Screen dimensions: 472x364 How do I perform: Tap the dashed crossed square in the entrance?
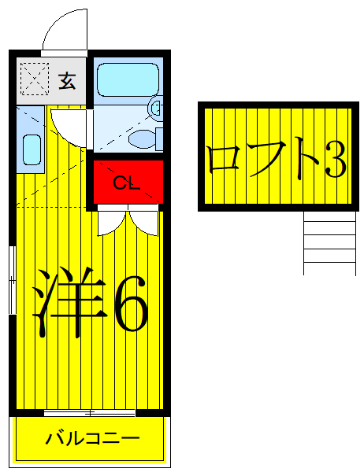pos(34,79)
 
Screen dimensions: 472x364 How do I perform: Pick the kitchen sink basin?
pos(32,149)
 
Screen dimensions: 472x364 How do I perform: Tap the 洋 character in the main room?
pos(69,303)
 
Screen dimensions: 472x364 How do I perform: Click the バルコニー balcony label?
pos(91,438)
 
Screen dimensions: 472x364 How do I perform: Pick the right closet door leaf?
pos(147,220)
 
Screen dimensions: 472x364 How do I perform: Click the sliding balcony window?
pos(91,413)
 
